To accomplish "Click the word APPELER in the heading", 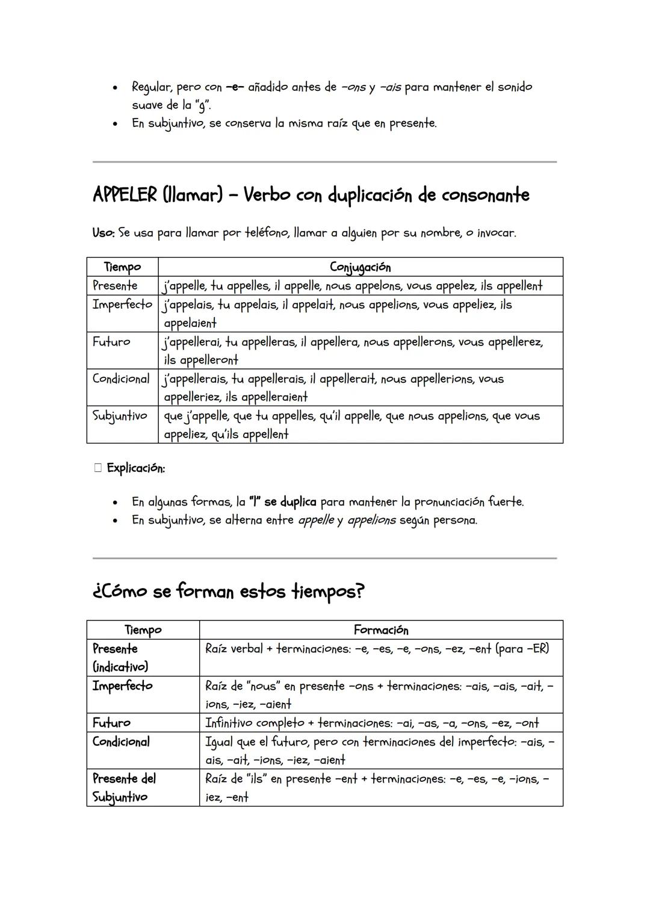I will [x=125, y=195].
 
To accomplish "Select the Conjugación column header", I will [x=360, y=267].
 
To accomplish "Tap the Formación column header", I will [x=380, y=630].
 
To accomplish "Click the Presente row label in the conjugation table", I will [x=115, y=285].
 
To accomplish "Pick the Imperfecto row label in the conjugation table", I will [x=122, y=305].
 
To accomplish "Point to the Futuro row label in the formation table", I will [x=111, y=723].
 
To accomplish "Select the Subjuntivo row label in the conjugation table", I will [x=120, y=416].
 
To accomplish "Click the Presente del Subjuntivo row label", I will [x=124, y=787].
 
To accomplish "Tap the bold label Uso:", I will [x=104, y=232].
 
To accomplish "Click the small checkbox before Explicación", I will [x=98, y=468].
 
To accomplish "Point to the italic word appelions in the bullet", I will [x=371, y=520].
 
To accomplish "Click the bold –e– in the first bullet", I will [x=235, y=87].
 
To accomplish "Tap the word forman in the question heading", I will [x=205, y=592].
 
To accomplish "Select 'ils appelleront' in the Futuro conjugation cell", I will [x=201, y=360].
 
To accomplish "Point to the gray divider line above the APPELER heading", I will [x=324, y=162].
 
